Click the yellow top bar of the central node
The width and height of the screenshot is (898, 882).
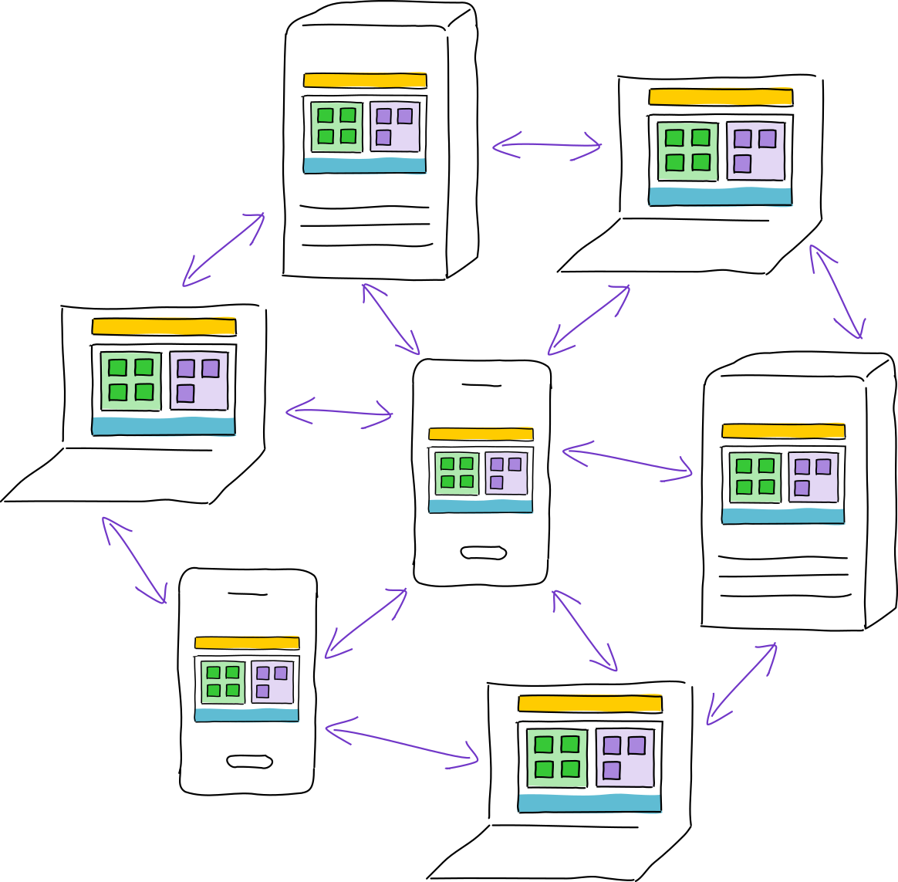pyautogui.click(x=481, y=434)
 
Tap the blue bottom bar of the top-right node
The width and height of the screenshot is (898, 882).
pyautogui.click(x=720, y=196)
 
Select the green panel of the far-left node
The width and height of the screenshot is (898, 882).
pyautogui.click(x=131, y=380)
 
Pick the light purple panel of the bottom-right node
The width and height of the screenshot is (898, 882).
pyautogui.click(x=625, y=757)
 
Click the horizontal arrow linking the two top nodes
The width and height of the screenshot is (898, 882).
pyautogui.click(x=547, y=144)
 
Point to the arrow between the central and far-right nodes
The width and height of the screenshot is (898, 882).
pyautogui.click(x=626, y=461)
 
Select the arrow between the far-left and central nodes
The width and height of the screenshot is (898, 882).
pyautogui.click(x=339, y=411)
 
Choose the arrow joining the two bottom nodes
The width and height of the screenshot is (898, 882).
pyautogui.click(x=401, y=744)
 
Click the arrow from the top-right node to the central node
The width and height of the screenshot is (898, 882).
pyautogui.click(x=589, y=320)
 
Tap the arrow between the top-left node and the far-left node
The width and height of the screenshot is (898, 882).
pyautogui.click(x=224, y=250)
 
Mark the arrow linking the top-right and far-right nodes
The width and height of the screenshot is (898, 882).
pyautogui.click(x=836, y=292)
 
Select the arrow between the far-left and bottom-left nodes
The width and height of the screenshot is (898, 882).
pyautogui.click(x=134, y=560)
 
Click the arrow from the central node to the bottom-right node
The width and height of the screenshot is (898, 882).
pyautogui.click(x=585, y=630)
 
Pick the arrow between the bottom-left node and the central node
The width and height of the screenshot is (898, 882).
pyautogui.click(x=366, y=623)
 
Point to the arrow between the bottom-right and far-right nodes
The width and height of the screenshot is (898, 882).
pyautogui.click(x=741, y=684)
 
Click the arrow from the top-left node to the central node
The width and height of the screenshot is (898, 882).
pyautogui.click(x=391, y=319)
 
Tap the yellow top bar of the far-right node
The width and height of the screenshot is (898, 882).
pyautogui.click(x=783, y=431)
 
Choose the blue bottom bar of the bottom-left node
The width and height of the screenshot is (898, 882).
pyautogui.click(x=246, y=715)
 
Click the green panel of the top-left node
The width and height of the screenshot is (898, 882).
pyautogui.click(x=336, y=127)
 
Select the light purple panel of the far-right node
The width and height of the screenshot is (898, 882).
pyautogui.click(x=813, y=477)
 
